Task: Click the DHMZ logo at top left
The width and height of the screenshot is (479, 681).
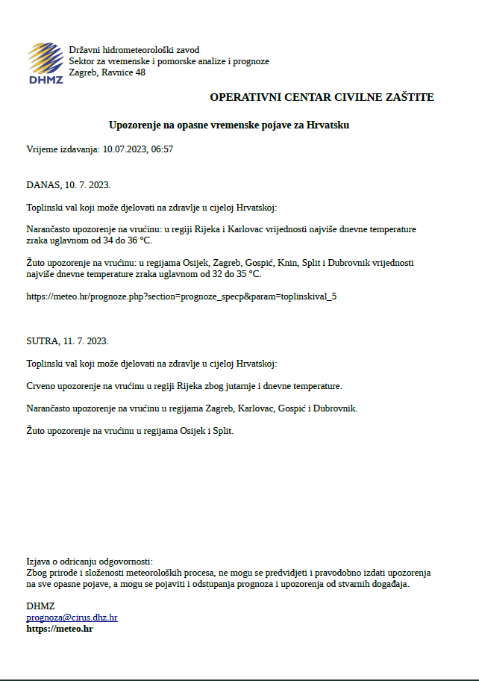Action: point(46,63)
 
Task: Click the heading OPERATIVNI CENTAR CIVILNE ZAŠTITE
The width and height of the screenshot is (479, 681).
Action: point(322,97)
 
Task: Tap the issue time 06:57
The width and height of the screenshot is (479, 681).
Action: point(162,149)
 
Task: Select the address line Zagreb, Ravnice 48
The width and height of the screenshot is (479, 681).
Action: point(107,72)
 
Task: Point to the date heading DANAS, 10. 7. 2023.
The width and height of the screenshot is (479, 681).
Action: point(69,184)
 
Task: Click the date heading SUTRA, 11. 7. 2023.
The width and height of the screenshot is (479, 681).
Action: point(68,340)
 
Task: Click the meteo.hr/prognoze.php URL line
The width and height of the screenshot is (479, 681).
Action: point(181,296)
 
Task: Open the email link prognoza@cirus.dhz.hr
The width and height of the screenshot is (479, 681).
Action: point(72,618)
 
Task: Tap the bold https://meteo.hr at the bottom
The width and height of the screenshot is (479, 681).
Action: point(60,629)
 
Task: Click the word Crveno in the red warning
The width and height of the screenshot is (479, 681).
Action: point(41,386)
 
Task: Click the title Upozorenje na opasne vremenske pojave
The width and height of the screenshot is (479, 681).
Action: point(228,125)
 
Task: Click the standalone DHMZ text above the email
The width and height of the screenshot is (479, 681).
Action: point(40,606)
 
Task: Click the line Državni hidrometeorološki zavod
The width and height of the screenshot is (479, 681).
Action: point(134,50)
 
